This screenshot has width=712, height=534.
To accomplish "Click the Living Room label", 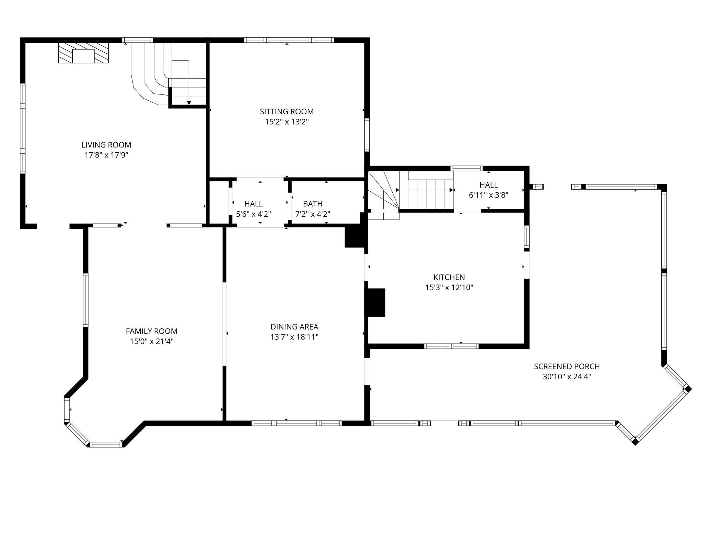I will click(106, 145).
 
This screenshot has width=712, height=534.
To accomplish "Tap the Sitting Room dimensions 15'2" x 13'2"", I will click(287, 122).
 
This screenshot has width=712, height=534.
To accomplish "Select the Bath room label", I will click(313, 204).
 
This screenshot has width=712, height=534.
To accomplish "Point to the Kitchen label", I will click(449, 277).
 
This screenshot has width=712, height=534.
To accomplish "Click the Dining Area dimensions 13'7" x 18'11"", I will click(294, 337).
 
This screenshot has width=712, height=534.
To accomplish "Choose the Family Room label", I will click(152, 331).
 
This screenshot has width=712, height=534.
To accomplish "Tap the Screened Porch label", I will click(567, 366).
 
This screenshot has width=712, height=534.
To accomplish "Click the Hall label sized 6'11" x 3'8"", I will click(488, 185).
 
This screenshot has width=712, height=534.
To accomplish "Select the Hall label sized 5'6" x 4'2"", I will click(253, 204).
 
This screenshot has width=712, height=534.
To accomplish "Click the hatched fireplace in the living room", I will click(83, 53).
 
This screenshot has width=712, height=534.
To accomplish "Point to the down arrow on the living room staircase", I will click(189, 102).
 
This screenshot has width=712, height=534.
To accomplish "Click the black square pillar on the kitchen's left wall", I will click(376, 302).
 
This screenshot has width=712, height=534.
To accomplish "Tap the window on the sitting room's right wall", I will click(367, 135).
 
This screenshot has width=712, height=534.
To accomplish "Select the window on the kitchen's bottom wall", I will click(451, 346).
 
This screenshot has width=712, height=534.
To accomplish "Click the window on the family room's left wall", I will click(86, 300).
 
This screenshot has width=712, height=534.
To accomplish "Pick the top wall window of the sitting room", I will click(289, 40).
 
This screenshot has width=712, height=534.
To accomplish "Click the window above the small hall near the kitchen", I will click(466, 168).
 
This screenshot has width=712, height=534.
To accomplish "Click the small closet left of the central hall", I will click(219, 202).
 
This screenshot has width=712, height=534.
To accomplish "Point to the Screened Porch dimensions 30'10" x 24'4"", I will click(567, 377).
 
